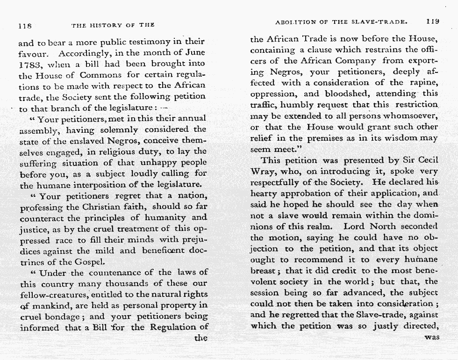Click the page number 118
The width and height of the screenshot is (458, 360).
point(24,25)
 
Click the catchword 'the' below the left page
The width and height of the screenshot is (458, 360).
point(200,338)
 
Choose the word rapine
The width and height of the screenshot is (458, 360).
point(423,83)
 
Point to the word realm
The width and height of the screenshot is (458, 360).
point(321,227)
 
